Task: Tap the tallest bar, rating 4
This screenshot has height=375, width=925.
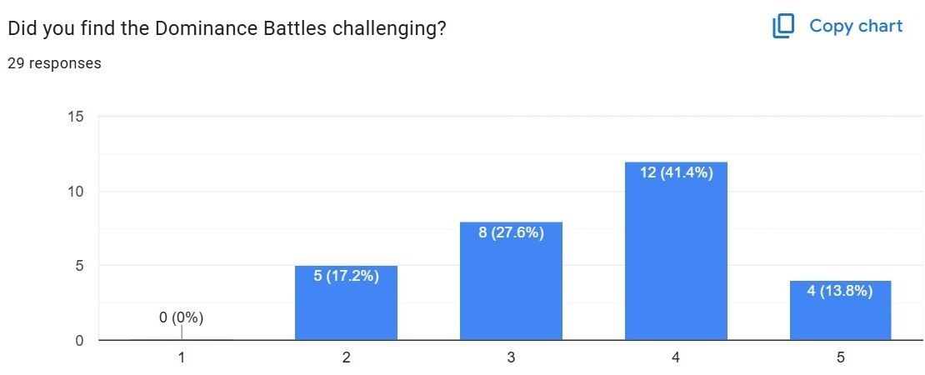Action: tap(676, 251)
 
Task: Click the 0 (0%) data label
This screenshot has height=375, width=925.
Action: tap(182, 317)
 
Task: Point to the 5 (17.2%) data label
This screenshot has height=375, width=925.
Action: tap(346, 276)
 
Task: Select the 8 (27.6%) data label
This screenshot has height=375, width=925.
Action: tap(511, 232)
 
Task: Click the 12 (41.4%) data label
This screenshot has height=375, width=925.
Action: tap(676, 172)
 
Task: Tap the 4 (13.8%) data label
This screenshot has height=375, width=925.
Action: tap(840, 291)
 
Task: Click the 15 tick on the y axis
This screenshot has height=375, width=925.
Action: tap(76, 117)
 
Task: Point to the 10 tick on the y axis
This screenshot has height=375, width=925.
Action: tap(76, 192)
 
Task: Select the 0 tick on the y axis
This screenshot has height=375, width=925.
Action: tap(79, 340)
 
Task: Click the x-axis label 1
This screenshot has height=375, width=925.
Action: tap(182, 357)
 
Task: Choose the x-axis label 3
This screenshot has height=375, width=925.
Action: tap(511, 357)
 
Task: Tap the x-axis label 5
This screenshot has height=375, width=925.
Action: tap(840, 357)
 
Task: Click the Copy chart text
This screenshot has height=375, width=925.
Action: tap(856, 26)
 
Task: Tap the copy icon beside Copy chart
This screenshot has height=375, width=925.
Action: tap(783, 27)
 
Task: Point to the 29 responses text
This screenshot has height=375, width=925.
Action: tap(54, 63)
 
